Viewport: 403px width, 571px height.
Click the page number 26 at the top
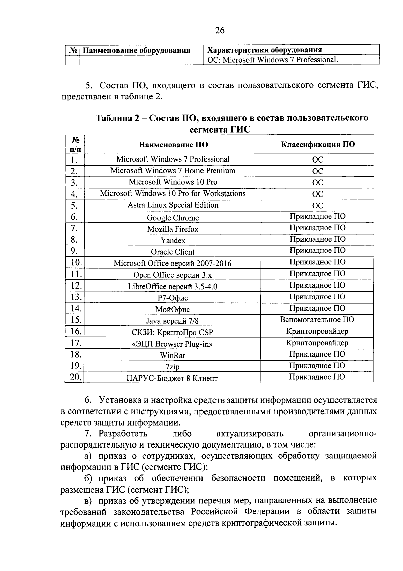point(220,30)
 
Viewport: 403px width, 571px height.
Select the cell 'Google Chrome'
point(173,218)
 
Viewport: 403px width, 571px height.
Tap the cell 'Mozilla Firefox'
point(173,229)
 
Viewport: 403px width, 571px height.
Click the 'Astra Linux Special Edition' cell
point(173,205)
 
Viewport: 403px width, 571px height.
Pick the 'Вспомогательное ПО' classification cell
point(317,320)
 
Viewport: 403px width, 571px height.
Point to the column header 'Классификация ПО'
point(317,144)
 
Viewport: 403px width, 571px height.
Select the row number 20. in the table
point(75,377)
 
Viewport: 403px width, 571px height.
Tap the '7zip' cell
point(173,367)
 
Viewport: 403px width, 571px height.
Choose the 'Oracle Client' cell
point(173,252)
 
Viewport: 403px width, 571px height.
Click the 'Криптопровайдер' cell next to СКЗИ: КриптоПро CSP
point(317,331)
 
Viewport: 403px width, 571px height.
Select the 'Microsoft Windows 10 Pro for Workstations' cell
point(173,193)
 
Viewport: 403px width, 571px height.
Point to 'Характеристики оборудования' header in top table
point(265,50)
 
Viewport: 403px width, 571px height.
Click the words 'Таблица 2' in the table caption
point(117,118)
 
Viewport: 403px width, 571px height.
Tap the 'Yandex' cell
point(173,240)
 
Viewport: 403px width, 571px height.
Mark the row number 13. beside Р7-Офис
point(76,297)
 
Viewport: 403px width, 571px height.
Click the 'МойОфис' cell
point(173,309)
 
